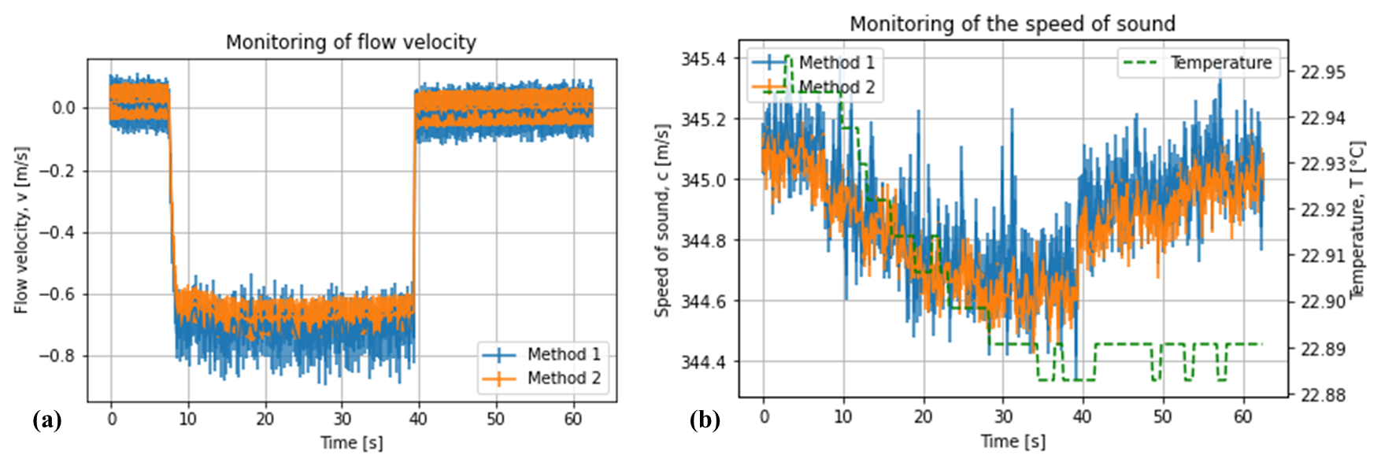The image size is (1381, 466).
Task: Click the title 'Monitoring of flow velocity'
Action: coord(351,43)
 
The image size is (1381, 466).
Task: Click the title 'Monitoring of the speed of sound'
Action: coord(1012,24)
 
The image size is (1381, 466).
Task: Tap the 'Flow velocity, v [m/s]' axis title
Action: coord(21,230)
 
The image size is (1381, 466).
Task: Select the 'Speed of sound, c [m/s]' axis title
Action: coord(662,220)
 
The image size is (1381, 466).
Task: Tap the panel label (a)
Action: coord(47,420)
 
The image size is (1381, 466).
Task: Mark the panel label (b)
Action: coord(705,420)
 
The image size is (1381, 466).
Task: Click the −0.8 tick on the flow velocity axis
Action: coord(57,356)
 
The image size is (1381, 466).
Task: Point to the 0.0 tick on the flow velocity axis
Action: coord(64,109)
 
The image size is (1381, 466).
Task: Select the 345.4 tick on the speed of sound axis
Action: coord(703,59)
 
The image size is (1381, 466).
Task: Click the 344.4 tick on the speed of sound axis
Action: coord(703,362)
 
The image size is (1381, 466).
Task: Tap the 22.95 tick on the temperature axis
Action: coord(1324,72)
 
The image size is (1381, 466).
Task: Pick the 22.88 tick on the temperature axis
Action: coord(1324,394)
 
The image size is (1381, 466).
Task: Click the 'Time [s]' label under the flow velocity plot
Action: coord(351,443)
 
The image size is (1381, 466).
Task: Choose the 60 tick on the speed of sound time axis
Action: coord(1242,417)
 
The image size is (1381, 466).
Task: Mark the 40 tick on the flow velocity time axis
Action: coord(418,419)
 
